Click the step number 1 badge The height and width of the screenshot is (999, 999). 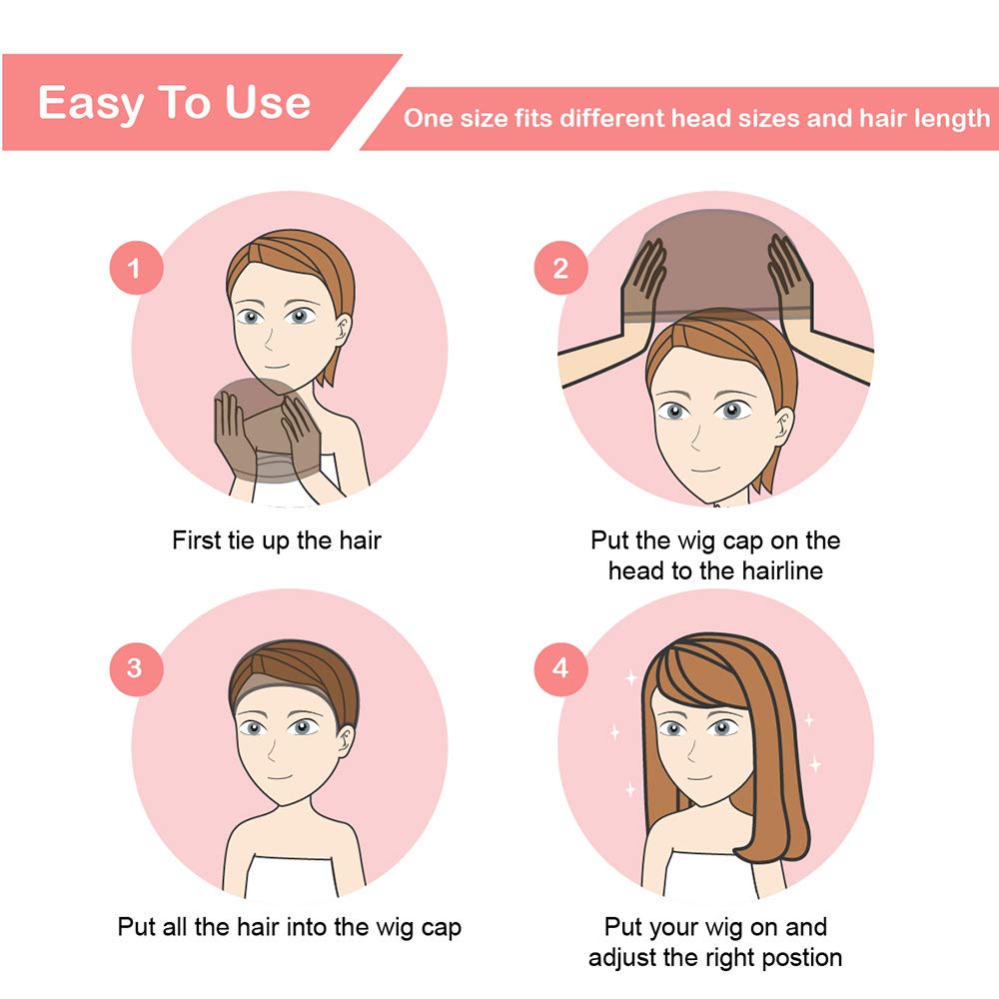[136, 268]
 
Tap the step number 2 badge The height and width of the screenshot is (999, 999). [560, 268]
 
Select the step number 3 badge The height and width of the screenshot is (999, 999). [136, 668]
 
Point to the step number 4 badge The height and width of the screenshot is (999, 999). [560, 668]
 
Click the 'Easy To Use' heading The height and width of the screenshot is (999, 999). [175, 103]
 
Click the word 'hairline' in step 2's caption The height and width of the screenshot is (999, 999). [782, 570]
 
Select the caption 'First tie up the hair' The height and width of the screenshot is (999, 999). [277, 540]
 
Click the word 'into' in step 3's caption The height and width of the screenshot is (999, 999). [307, 927]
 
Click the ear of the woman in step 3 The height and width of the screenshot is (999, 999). [347, 741]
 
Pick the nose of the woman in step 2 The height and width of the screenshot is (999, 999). [694, 439]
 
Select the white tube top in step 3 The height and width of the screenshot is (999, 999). [290, 876]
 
